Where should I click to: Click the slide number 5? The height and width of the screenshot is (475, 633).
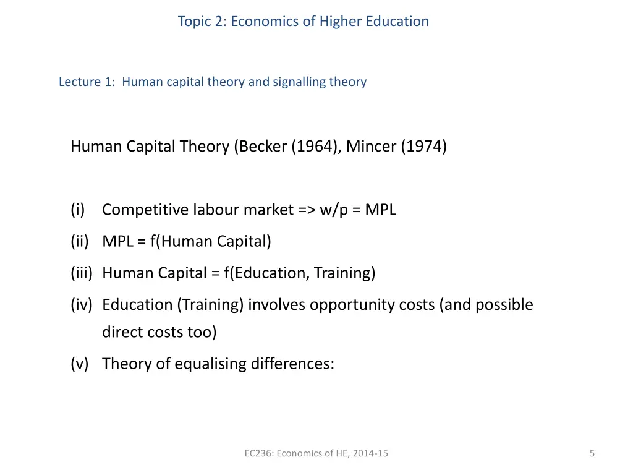point(592,453)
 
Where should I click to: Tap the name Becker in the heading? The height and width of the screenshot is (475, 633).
point(263,147)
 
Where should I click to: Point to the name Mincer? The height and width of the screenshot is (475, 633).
point(372,147)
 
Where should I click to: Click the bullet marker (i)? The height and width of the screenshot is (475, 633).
point(78,210)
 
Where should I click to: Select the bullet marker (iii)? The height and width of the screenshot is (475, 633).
point(82,273)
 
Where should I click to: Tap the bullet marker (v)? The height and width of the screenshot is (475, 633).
point(80,364)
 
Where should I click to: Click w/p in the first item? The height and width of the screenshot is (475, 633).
point(334,210)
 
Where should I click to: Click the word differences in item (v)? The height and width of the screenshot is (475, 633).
point(292,364)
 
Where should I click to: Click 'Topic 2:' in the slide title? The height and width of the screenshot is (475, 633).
point(202,22)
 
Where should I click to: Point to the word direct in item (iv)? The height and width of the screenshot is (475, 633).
point(121,332)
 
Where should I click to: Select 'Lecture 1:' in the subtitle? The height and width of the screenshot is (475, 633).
point(87,82)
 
